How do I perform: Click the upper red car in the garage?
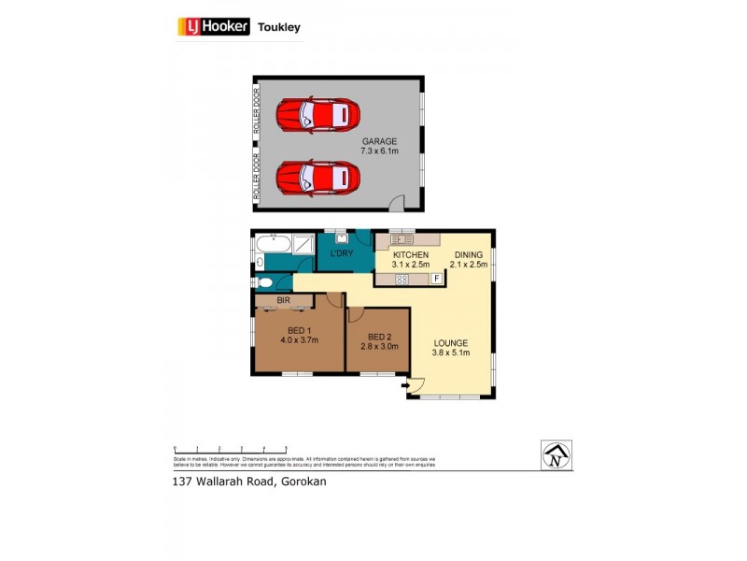click(317, 115)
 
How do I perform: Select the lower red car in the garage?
click(317, 177)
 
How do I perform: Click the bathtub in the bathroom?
click(271, 245)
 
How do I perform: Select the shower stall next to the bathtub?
click(304, 245)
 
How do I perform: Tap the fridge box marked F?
click(436, 279)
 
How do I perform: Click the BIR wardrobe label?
click(283, 300)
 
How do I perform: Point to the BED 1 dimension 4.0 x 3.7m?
click(299, 339)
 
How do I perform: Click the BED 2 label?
click(378, 337)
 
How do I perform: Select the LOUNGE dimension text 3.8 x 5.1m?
click(450, 352)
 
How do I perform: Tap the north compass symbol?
click(557, 455)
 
